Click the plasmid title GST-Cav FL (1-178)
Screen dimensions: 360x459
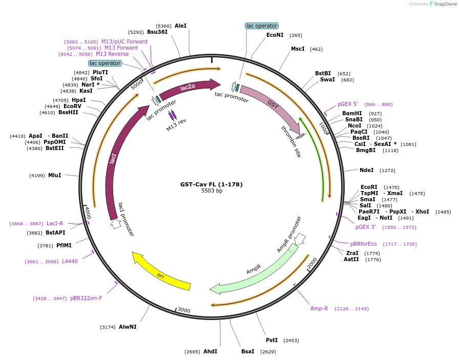(211, 184)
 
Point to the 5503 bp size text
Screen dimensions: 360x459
(212, 191)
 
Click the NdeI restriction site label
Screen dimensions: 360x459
(366, 170)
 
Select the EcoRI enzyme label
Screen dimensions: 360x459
(369, 187)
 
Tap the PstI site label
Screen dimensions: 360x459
(272, 340)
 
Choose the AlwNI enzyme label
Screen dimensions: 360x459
(128, 327)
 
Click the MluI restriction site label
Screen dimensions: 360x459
(55, 176)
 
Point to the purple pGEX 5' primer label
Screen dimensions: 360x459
(348, 104)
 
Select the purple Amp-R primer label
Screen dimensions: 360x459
(319, 308)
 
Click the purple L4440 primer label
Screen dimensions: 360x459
(70, 262)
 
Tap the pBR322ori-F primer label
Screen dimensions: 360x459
(86, 298)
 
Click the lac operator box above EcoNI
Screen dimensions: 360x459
(261, 26)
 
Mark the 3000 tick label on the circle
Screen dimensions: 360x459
(184, 310)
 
